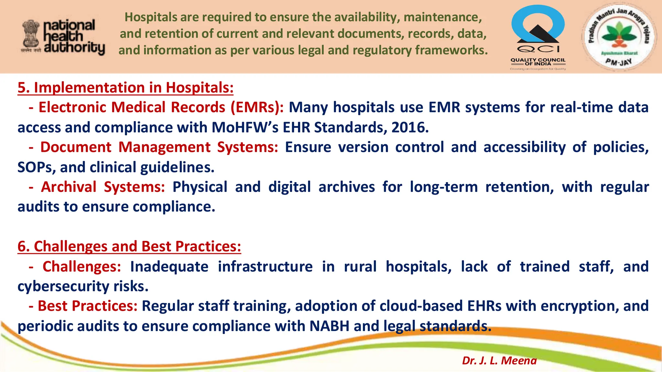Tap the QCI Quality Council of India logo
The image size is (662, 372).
pos(538,37)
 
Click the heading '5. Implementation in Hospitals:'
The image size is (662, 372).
pos(125,88)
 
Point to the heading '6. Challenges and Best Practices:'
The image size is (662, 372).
pos(129,246)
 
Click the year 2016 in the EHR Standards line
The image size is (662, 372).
pos(410,127)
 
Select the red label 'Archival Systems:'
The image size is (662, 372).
pos(103,187)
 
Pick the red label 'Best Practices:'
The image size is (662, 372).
pos(88,306)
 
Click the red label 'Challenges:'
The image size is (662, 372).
pos(82,267)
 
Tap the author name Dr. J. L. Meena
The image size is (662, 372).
pos(499,360)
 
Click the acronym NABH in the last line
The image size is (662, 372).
pos(329,326)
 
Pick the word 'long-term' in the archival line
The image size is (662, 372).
pos(443,187)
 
